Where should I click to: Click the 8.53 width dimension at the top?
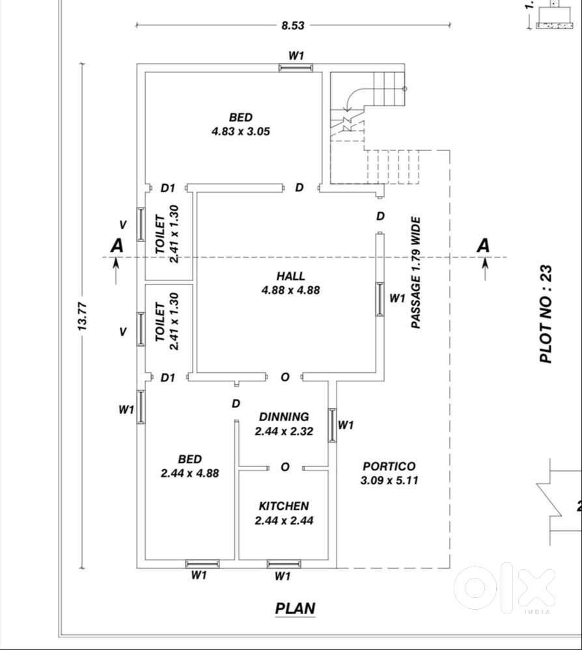[292, 25]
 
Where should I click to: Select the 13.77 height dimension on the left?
[83, 316]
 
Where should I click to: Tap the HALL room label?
[290, 277]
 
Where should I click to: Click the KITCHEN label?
[284, 506]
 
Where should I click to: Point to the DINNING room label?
[284, 416]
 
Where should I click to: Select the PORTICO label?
[389, 467]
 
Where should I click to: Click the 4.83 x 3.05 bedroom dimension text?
[240, 131]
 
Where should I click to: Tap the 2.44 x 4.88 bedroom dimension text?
[189, 474]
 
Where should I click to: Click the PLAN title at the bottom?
[295, 609]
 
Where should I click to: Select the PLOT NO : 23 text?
[546, 314]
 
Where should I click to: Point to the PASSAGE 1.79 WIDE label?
[415, 273]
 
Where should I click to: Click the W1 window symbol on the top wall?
[296, 66]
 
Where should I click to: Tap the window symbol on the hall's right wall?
[380, 299]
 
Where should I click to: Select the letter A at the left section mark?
[117, 245]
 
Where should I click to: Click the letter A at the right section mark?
[483, 245]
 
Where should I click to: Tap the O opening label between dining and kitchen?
[285, 467]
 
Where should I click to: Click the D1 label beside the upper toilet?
[168, 188]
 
